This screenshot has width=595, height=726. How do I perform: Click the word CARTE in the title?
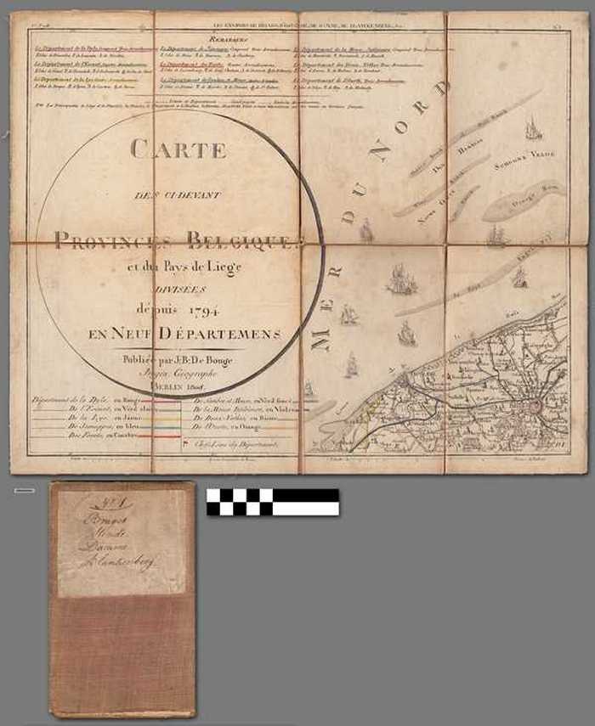coord(178,150)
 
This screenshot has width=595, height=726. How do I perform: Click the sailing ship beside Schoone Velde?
coord(533,130)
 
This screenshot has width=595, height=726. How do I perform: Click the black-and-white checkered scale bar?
coord(272,502)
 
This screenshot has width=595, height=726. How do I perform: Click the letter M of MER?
coord(322,339)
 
